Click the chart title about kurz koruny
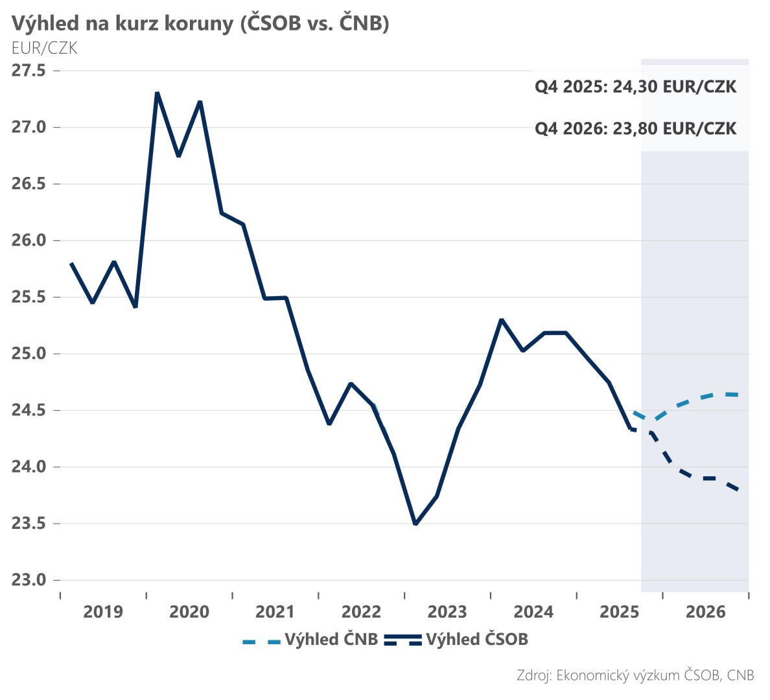[200, 23]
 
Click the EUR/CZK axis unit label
[44, 48]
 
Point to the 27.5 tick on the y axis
[29, 70]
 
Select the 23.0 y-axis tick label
[29, 579]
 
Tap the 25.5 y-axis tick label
[29, 297]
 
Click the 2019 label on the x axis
[103, 612]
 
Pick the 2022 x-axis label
[361, 612]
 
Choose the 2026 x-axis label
[705, 612]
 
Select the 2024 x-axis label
[533, 612]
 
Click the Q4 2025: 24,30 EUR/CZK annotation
[635, 87]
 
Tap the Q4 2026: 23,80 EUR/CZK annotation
[635, 128]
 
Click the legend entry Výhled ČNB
[331, 640]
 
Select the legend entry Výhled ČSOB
[477, 640]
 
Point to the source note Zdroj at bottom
[635, 675]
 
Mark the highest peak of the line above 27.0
[157, 93]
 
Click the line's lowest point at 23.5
[415, 524]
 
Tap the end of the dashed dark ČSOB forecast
[738, 489]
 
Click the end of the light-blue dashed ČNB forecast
[738, 395]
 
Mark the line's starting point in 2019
[71, 263]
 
